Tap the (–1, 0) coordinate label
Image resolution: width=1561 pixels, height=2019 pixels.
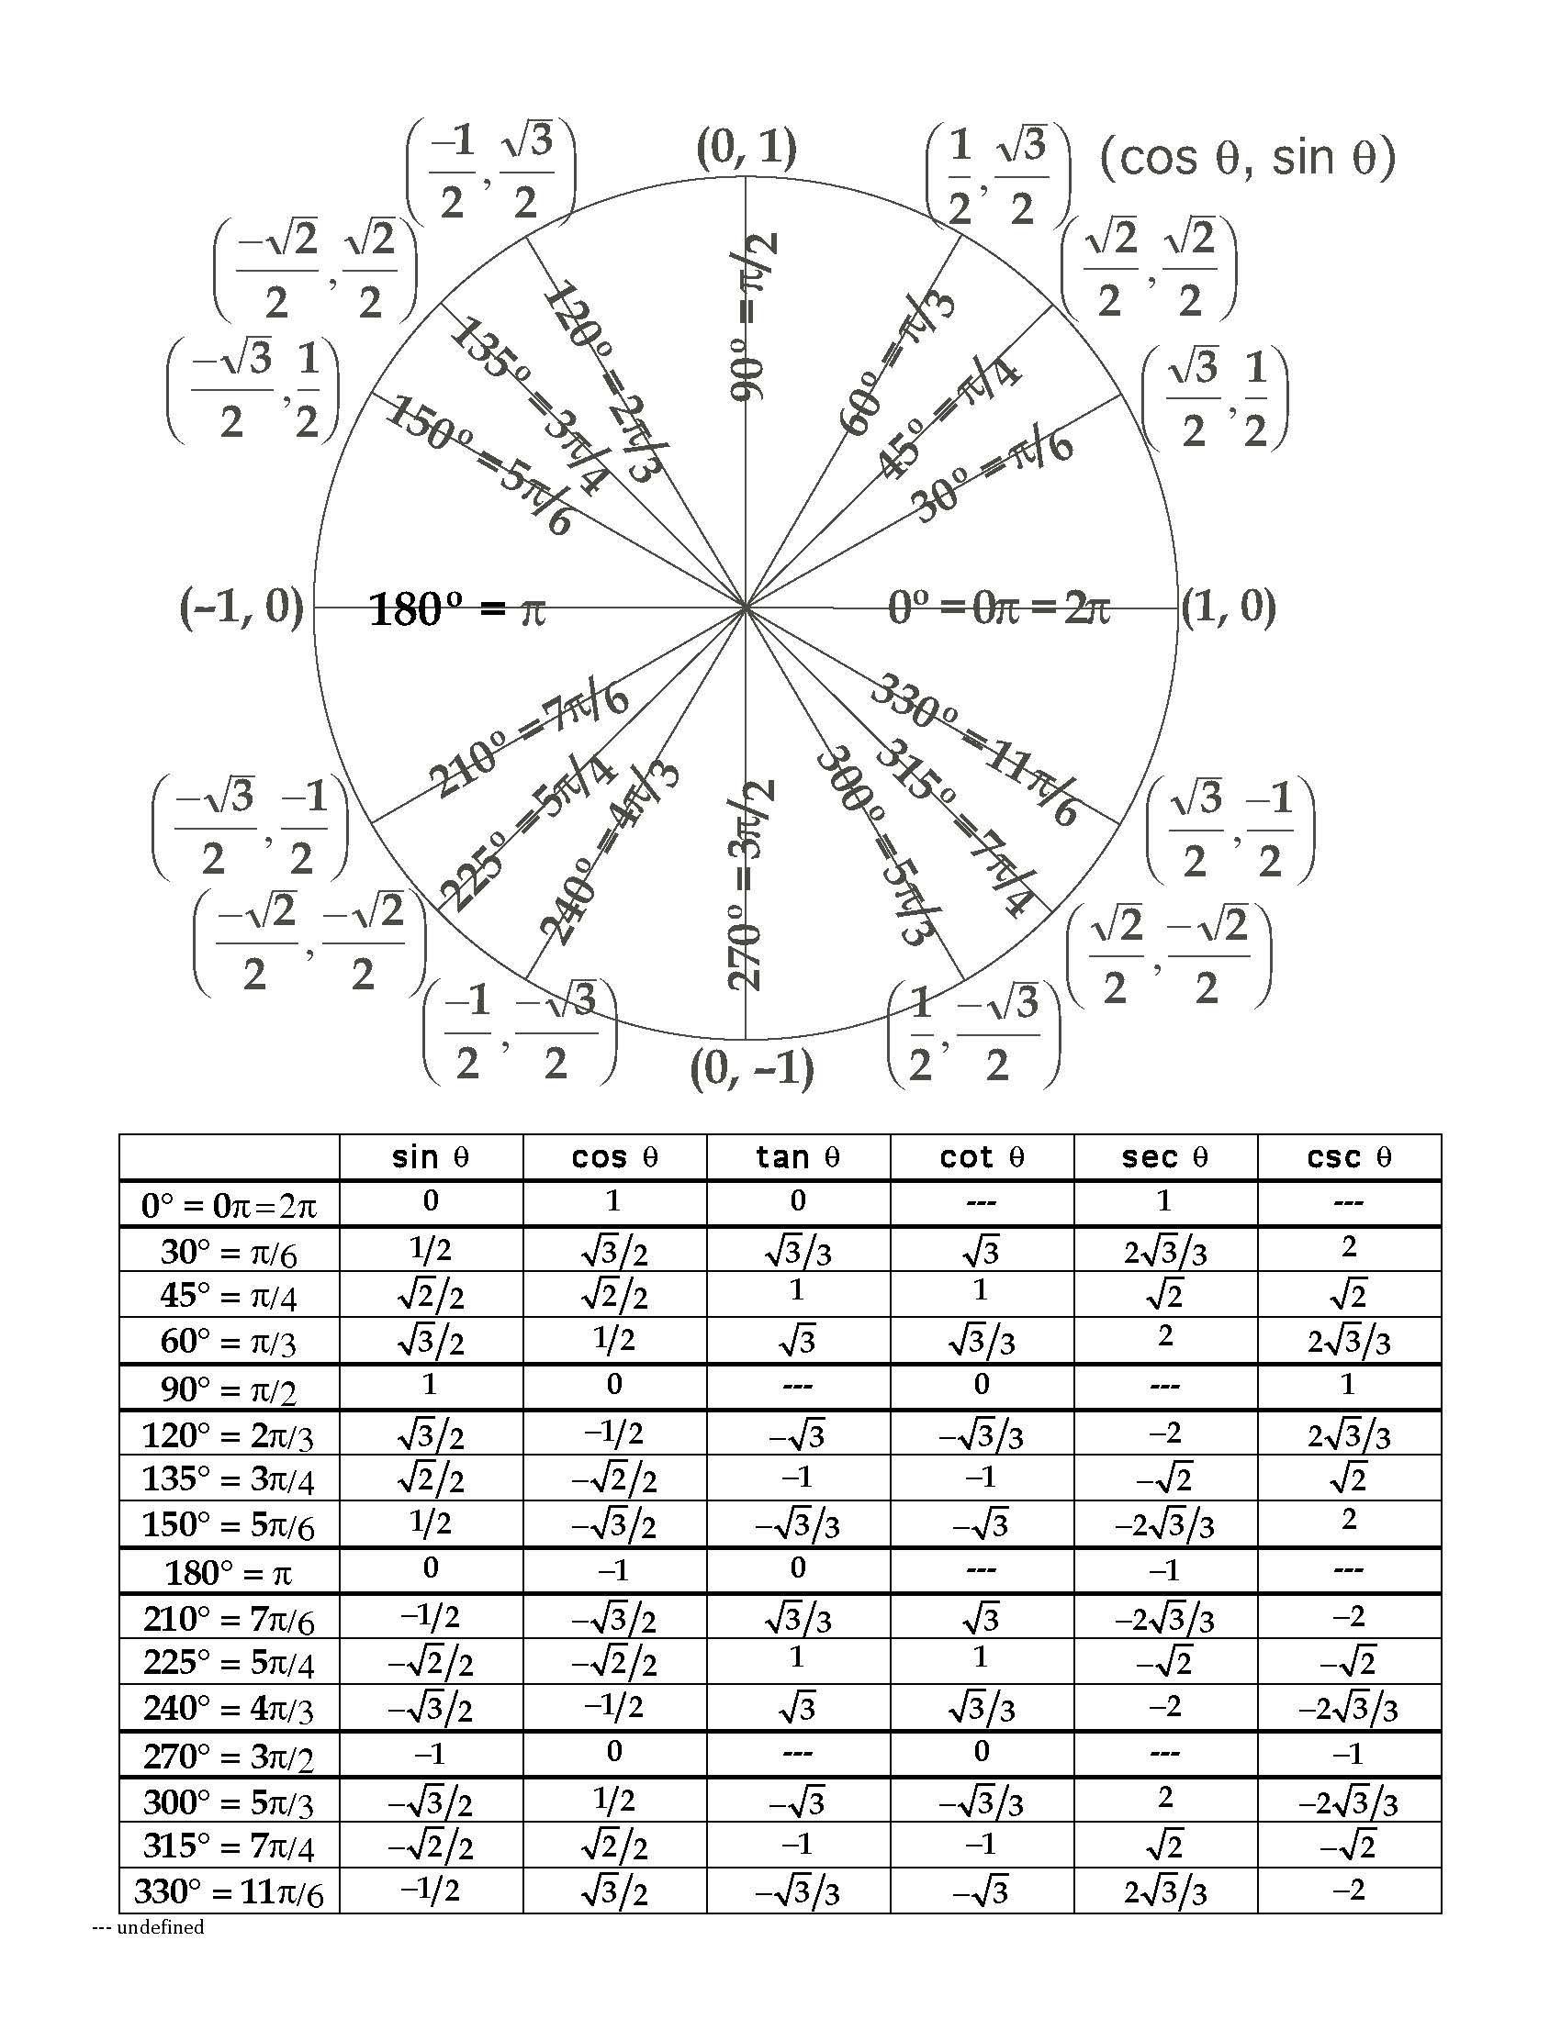(241, 608)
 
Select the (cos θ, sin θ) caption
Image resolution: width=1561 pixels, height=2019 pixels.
(1248, 158)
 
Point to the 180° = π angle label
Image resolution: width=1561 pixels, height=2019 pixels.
(457, 611)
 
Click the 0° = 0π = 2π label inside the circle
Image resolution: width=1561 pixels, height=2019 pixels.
(998, 608)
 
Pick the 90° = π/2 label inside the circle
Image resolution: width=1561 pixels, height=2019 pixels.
(753, 318)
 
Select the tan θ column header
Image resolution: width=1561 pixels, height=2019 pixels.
(797, 1157)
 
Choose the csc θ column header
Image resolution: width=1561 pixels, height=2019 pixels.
(1348, 1157)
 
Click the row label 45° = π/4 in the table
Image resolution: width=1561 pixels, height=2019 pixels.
(229, 1296)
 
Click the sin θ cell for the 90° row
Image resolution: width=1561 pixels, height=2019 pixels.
(429, 1385)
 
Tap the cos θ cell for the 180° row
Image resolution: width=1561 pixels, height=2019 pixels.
(614, 1569)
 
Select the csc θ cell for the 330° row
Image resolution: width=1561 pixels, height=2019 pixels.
(1348, 1890)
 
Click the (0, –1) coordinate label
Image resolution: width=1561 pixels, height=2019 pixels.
(752, 1068)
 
